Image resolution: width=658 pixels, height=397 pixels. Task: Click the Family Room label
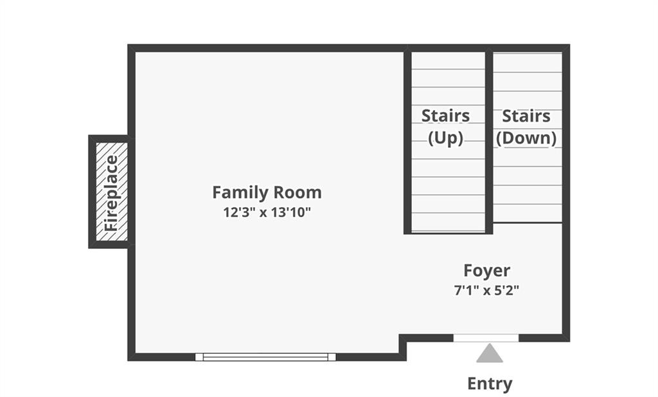pos(267,192)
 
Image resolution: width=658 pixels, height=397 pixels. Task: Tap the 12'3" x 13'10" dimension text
pos(267,212)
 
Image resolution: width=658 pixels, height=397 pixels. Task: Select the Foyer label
pos(487,271)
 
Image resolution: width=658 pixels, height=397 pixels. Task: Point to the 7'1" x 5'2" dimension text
pos(487,290)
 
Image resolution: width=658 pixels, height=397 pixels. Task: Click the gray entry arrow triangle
pos(489,353)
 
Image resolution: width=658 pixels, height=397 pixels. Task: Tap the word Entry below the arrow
pos(490,384)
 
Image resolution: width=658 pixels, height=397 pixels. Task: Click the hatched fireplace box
pos(112,192)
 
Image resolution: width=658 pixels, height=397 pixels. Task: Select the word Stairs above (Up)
pos(445,116)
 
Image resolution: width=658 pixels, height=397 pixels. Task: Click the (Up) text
pos(445,138)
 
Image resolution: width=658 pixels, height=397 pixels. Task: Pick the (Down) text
pos(526,138)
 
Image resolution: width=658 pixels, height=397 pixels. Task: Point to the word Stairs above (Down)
pos(526,116)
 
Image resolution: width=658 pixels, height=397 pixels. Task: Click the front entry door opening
pos(486,338)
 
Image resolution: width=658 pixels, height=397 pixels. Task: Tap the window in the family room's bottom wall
pos(265,357)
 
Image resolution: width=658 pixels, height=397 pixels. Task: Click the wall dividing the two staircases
pos(489,142)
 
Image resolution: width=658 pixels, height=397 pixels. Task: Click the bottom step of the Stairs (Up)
pos(448,222)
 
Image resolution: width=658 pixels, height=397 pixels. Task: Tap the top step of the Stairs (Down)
pos(528,62)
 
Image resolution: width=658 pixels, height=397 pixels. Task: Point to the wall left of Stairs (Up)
pos(407,142)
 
